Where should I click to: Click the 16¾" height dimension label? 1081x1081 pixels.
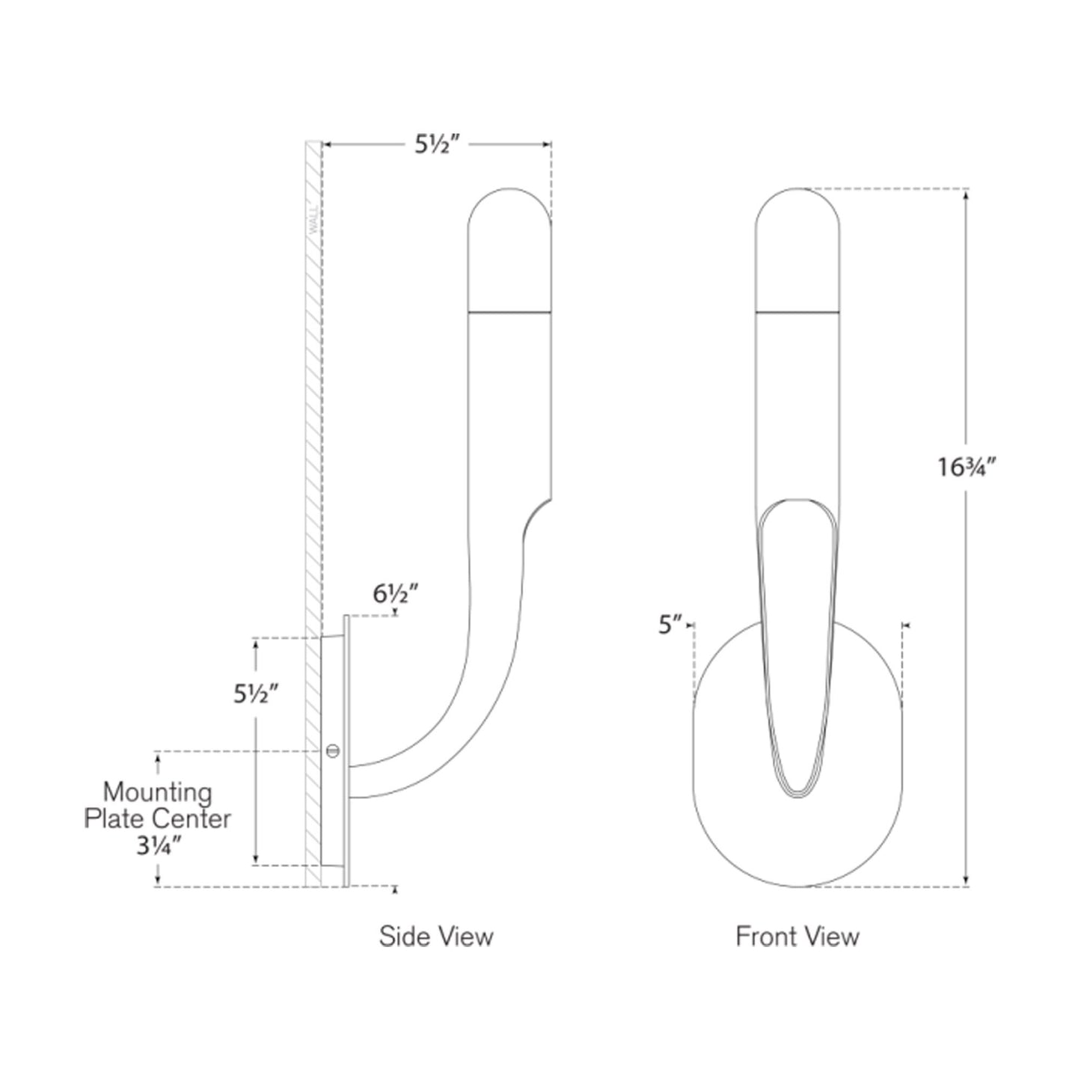point(968,468)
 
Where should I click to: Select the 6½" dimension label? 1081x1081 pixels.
point(395,594)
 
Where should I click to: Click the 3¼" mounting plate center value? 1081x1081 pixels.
point(156,846)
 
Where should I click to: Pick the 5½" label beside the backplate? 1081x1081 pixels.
point(256,694)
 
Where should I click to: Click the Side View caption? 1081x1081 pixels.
point(436,937)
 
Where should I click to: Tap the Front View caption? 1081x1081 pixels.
point(797,937)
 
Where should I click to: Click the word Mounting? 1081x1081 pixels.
point(157,792)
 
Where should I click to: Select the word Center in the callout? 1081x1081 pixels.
point(193,819)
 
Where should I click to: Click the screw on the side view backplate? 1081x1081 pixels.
point(333,750)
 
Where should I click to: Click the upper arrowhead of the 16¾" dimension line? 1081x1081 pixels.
point(967,195)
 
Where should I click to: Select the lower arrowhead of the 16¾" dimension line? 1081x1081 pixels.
point(967,881)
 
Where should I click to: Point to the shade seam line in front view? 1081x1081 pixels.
point(797,310)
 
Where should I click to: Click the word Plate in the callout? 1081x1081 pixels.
point(111,819)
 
